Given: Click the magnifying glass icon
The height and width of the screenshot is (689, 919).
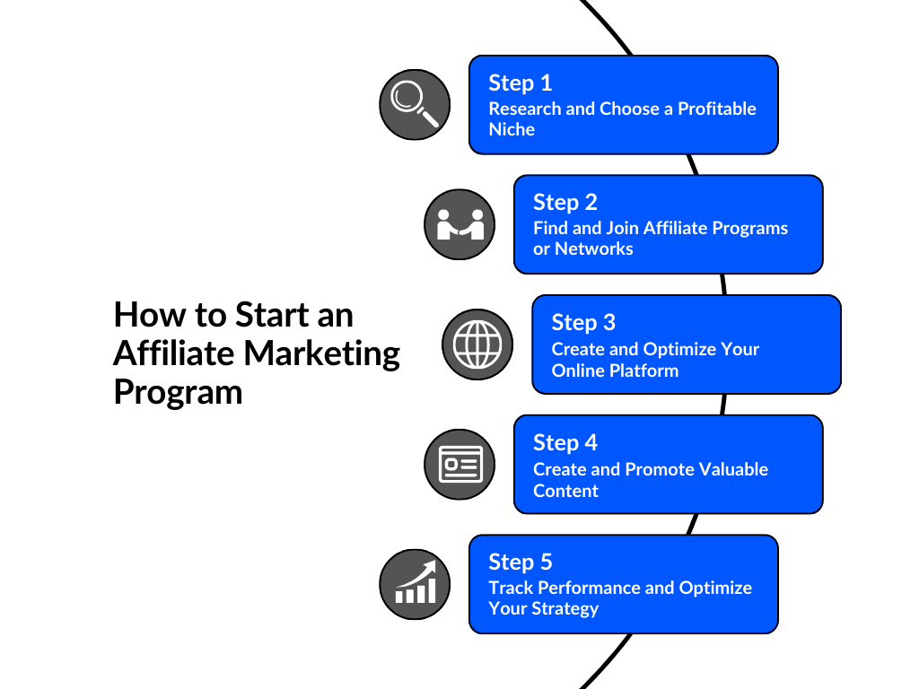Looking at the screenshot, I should coord(415,105).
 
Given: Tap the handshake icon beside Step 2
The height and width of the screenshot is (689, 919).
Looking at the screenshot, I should coord(459,224).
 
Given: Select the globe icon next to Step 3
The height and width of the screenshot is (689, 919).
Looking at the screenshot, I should coord(477,344).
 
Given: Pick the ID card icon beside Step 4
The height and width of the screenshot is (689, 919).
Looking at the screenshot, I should coord(459,464).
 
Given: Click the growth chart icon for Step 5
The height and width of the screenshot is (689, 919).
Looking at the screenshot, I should coord(415,584).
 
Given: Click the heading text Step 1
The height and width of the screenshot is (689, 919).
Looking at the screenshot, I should coord(521,83).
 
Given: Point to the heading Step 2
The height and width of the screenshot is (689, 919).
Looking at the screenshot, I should coord(565,202).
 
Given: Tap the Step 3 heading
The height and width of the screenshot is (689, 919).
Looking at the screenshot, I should coord(583,322).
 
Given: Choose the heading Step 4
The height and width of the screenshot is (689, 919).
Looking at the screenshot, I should coord(565,442).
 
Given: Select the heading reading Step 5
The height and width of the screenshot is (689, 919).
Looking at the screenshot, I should coord(521,563).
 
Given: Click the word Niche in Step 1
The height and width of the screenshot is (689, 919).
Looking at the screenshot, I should coord(512,130).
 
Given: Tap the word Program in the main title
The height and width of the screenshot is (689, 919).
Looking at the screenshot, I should coord(178,393).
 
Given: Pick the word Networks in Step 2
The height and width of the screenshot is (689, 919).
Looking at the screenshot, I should coord(594,249).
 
